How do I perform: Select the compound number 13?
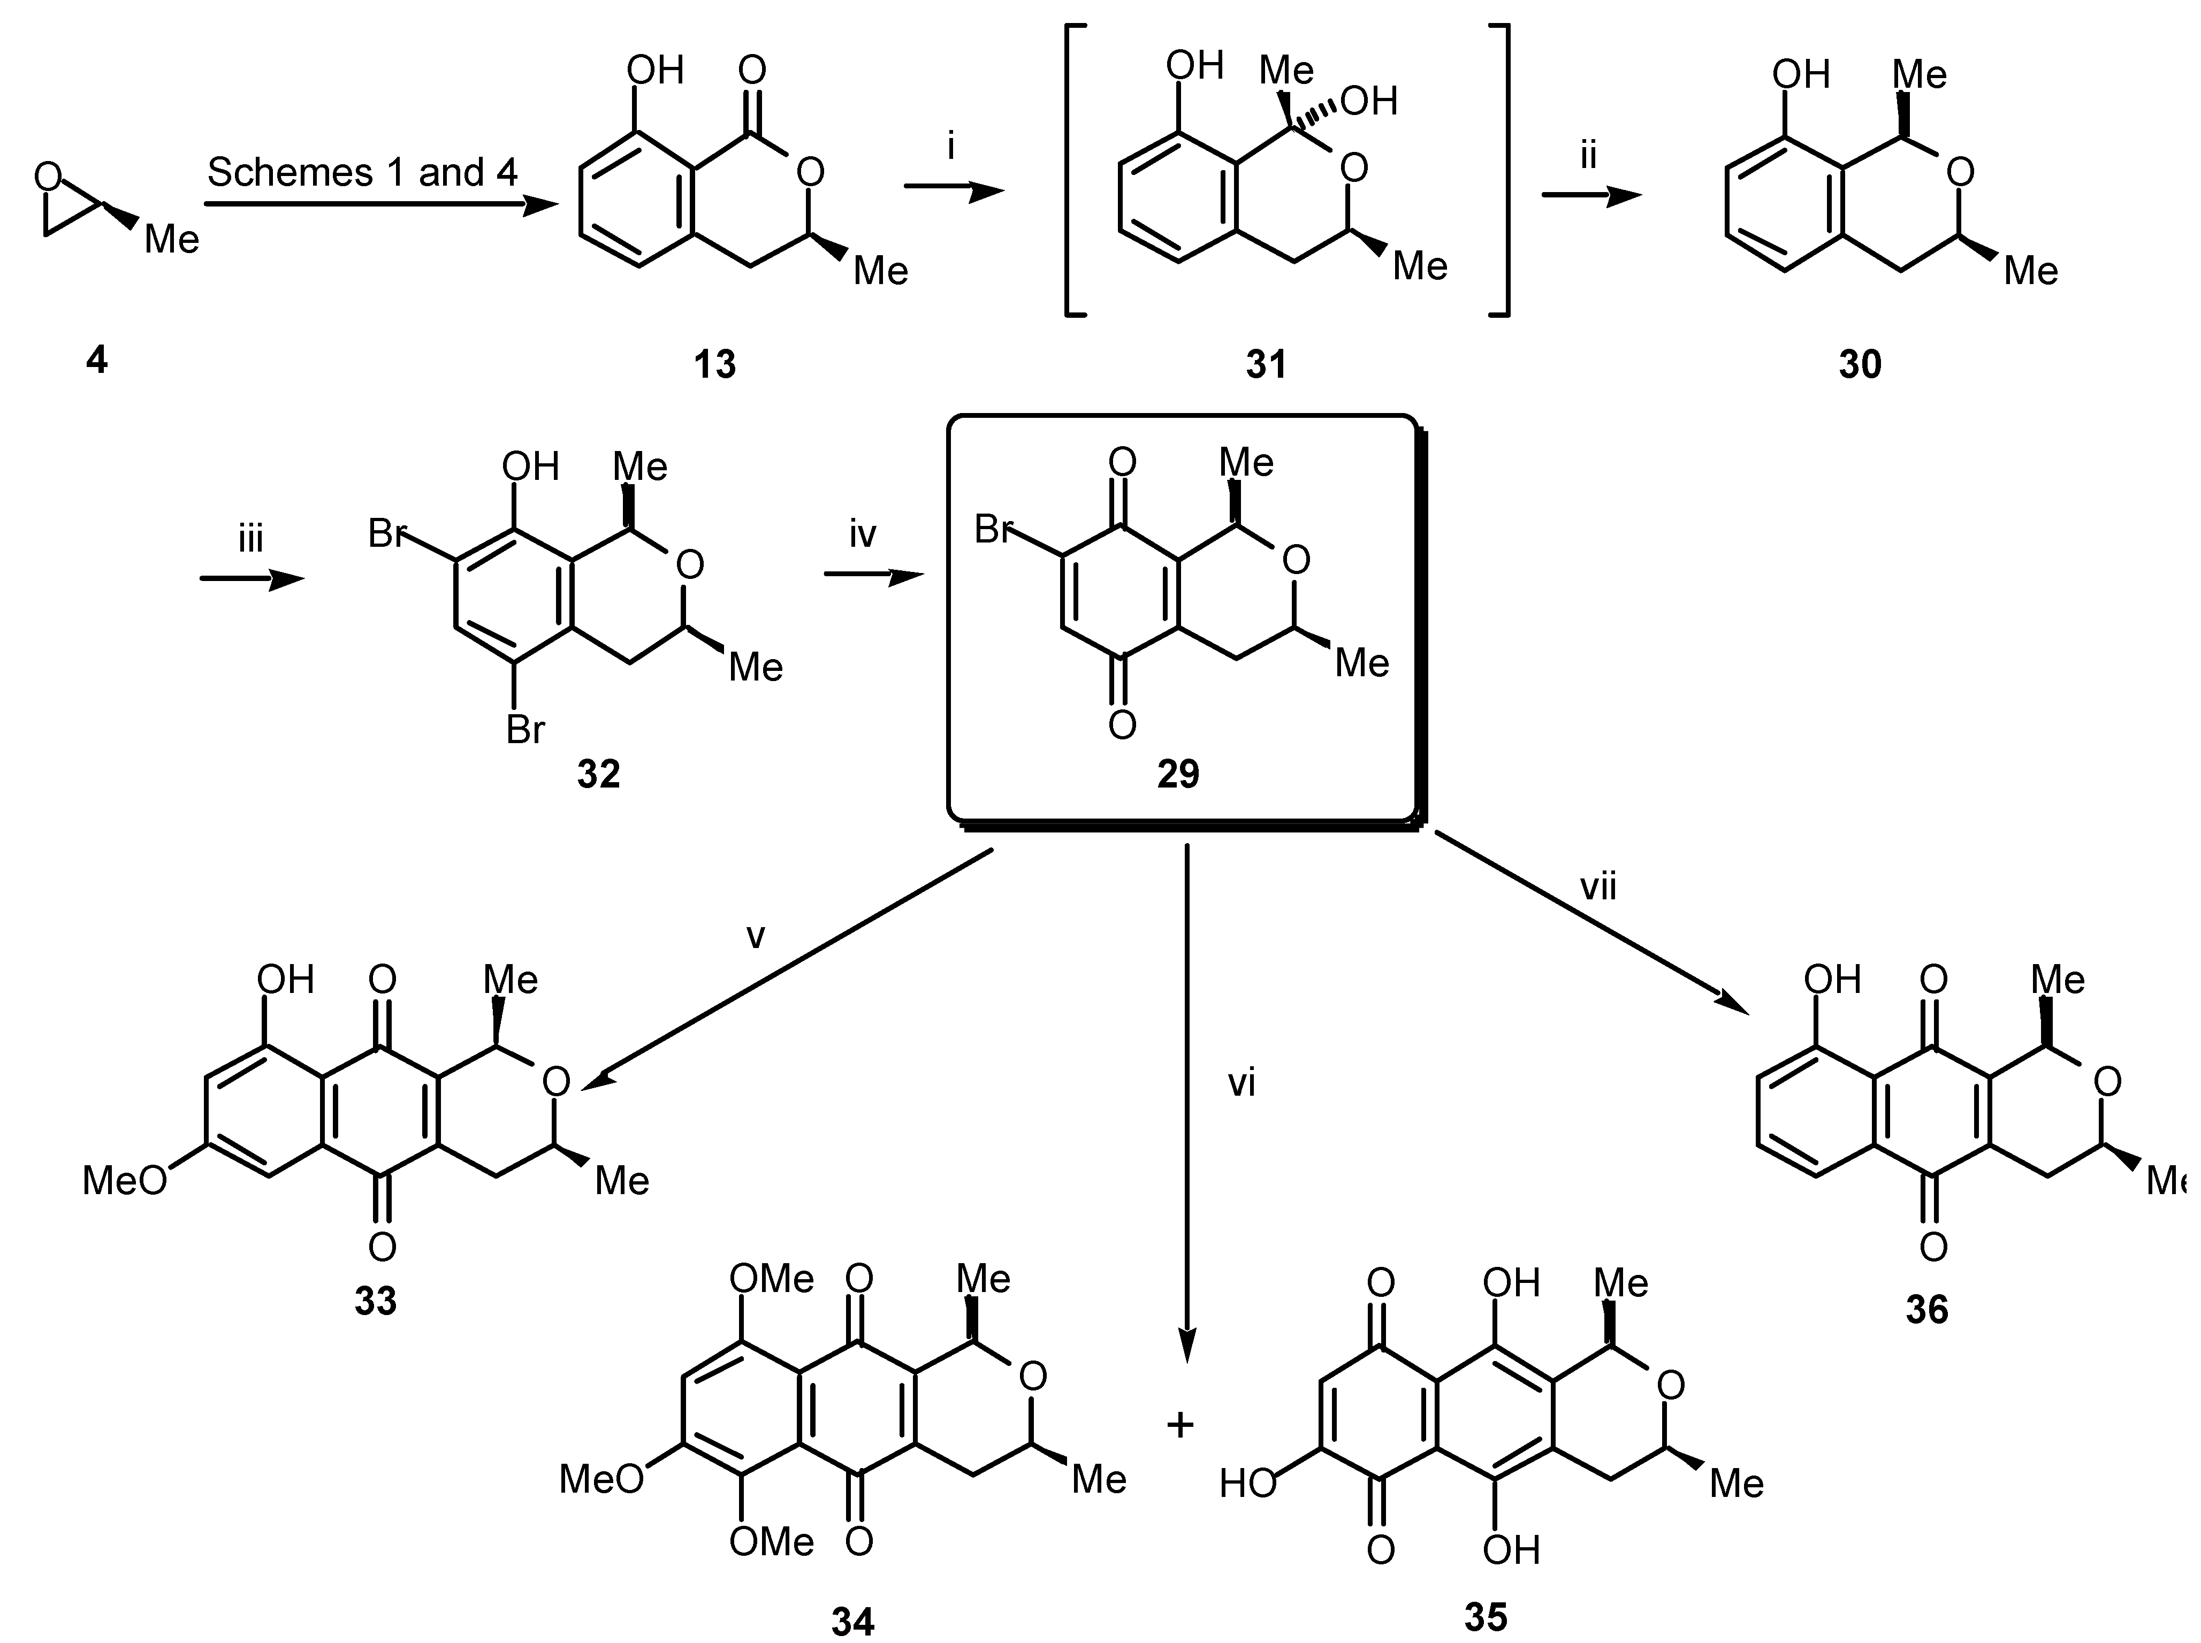coord(714,365)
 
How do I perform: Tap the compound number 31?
coord(1266,365)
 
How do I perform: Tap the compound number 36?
coord(1926,1310)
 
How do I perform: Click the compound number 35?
coord(1486,1616)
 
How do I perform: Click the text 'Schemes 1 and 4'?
coord(362,173)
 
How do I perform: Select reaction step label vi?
coord(1241,1083)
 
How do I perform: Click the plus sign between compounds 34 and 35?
coord(1179,1425)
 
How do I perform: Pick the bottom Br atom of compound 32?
coord(525,730)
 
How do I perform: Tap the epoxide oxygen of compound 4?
coord(47,177)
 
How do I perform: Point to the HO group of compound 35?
coord(1247,1484)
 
